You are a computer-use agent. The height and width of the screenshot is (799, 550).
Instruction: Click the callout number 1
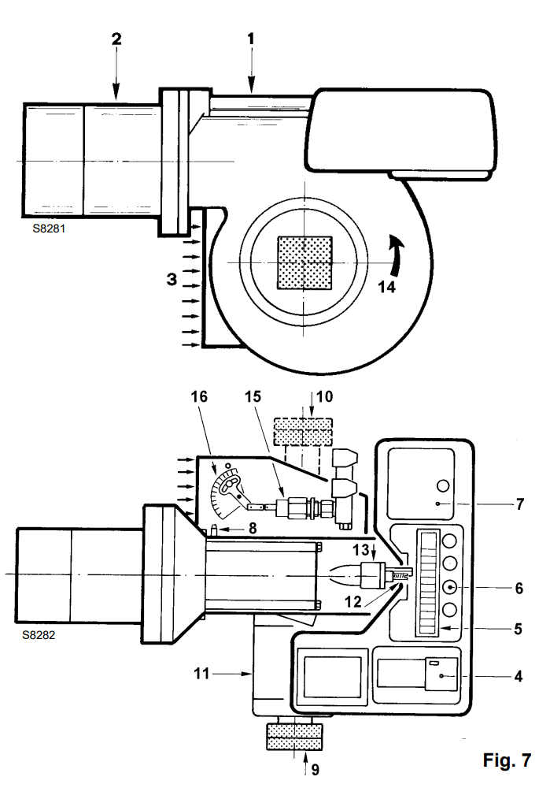click(251, 39)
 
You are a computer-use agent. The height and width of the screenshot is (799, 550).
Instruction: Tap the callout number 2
click(116, 39)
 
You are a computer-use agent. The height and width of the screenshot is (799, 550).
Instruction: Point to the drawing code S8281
click(49, 229)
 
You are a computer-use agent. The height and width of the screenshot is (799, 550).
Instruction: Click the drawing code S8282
click(39, 635)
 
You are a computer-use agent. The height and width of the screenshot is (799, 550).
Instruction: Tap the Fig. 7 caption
click(507, 760)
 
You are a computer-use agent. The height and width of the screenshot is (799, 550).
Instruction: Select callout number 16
click(199, 396)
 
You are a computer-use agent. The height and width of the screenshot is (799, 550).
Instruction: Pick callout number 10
click(325, 396)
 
